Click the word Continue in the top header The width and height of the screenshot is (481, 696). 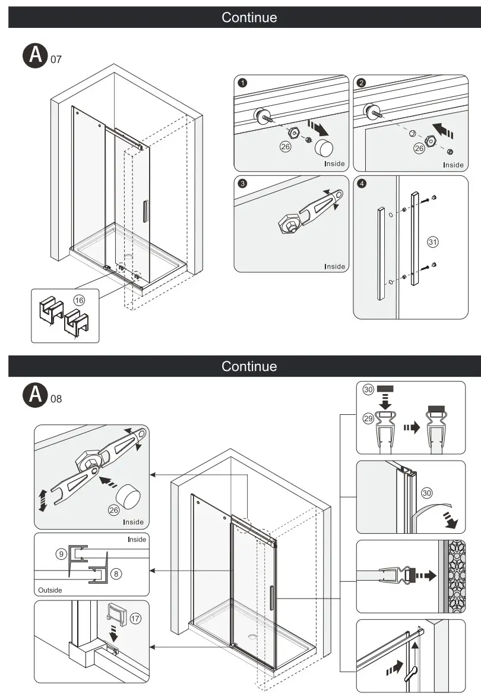249,17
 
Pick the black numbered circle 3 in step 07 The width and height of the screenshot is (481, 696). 242,183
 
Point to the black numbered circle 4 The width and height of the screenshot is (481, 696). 362,183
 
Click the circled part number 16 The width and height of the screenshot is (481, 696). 79,300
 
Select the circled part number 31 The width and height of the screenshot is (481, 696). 432,242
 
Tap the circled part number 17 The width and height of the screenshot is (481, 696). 135,618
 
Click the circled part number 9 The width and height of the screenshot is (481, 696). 61,554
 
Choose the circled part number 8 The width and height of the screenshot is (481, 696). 116,574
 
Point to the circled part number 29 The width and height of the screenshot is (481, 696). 368,418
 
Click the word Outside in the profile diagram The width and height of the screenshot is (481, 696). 50,590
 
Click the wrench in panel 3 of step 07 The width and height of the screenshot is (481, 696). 309,211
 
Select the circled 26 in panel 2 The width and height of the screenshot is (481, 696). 419,149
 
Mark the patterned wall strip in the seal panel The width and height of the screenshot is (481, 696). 457,576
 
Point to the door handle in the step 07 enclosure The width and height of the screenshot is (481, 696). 144,212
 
